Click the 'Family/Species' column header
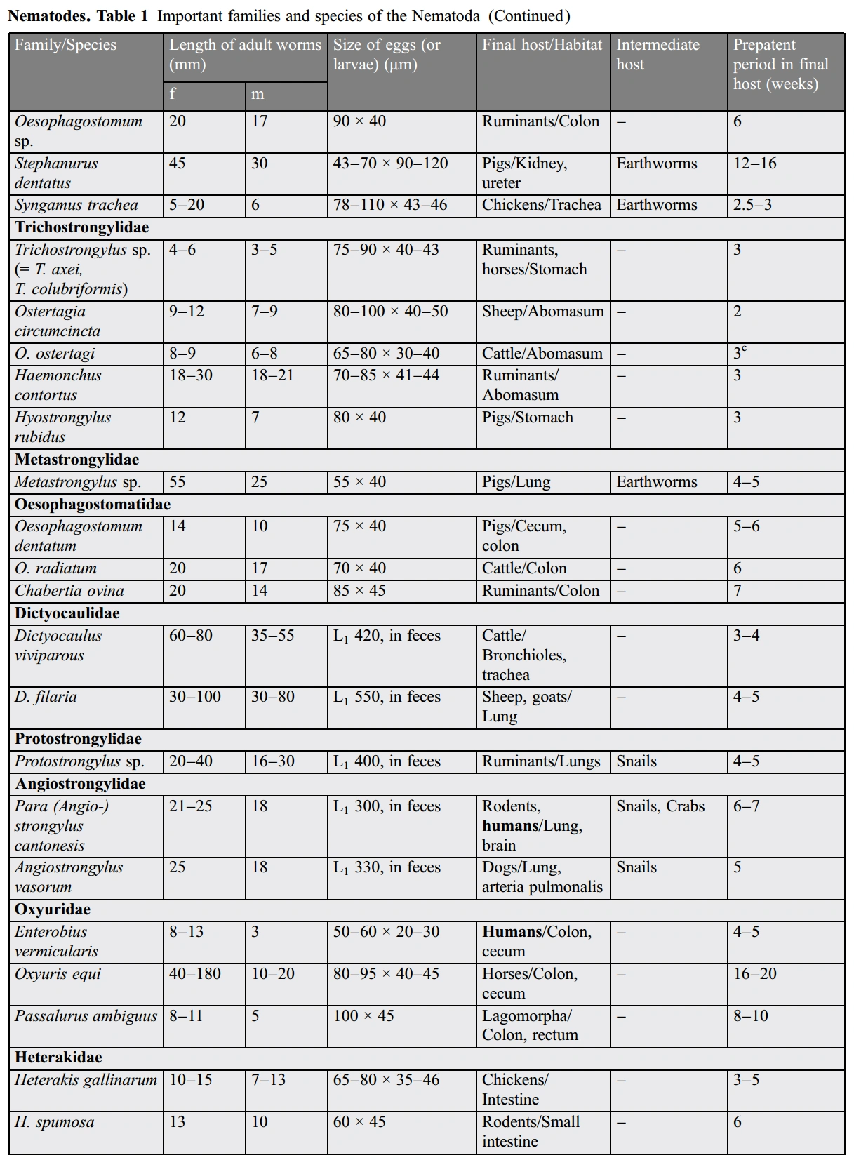click(x=65, y=45)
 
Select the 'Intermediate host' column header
click(x=658, y=54)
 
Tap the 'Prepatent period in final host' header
click(x=780, y=64)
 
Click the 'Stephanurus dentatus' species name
click(x=56, y=173)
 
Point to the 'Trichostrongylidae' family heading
click(x=82, y=227)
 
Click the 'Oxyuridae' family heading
click(x=53, y=909)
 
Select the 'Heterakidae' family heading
click(x=58, y=1058)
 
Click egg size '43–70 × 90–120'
click(x=390, y=164)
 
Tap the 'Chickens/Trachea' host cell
click(x=541, y=205)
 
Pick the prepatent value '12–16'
click(x=755, y=164)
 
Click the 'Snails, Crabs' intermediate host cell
click(x=660, y=806)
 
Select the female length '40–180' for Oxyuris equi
click(x=194, y=974)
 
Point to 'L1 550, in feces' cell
click(x=387, y=697)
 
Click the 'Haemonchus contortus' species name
click(x=58, y=385)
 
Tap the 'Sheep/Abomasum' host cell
click(x=542, y=312)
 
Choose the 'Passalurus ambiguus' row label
click(x=86, y=1016)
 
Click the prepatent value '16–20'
click(x=755, y=974)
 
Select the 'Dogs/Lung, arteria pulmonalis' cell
click(x=542, y=877)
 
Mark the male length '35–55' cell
click(x=272, y=636)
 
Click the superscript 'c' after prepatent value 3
click(x=744, y=349)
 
